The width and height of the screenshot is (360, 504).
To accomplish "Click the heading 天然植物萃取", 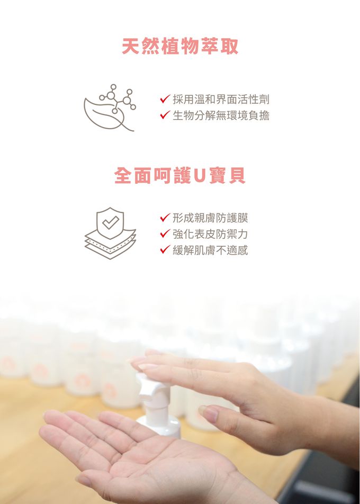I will pyautogui.click(x=180, y=47).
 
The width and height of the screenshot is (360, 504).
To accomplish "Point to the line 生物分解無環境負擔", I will pyautogui.click(x=221, y=115).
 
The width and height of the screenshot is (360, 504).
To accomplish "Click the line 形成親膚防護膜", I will pyautogui.click(x=210, y=218).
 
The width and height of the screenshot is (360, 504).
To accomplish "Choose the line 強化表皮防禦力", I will pyautogui.click(x=210, y=234).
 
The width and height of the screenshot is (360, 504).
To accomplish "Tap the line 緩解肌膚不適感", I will pyautogui.click(x=210, y=250).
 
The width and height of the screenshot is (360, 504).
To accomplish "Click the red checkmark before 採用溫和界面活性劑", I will pyautogui.click(x=165, y=99).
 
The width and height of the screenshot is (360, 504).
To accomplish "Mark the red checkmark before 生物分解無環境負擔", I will pyautogui.click(x=165, y=115).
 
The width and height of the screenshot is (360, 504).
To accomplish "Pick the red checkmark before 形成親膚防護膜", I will pyautogui.click(x=165, y=218).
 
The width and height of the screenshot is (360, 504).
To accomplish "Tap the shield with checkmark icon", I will pyautogui.click(x=110, y=222).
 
